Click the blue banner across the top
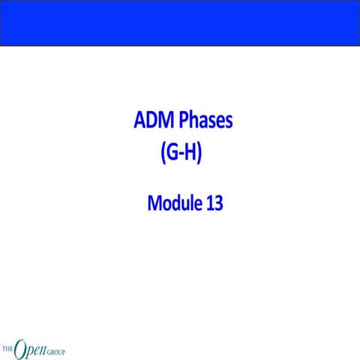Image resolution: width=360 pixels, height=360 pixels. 180,22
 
